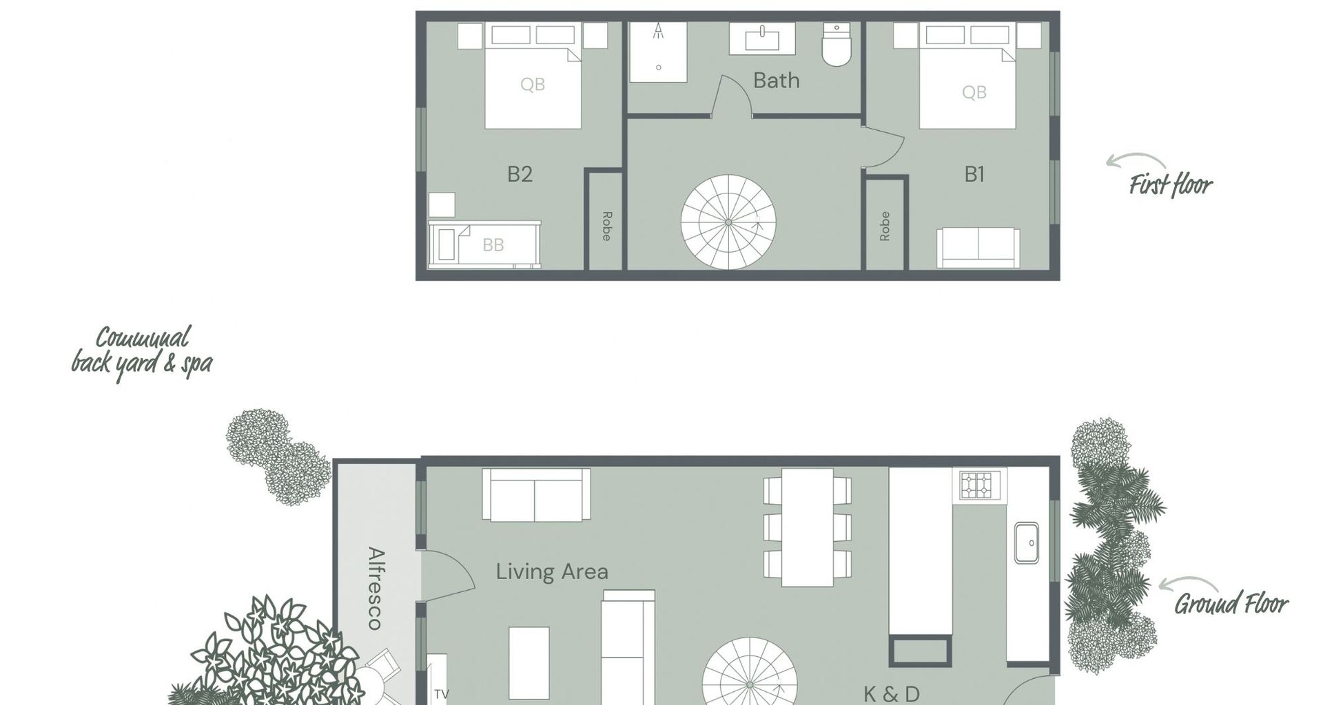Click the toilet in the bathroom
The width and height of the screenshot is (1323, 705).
[x=837, y=45]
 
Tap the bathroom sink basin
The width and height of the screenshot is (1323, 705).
[x=762, y=38]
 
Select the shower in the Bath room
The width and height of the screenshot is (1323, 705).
[x=658, y=52]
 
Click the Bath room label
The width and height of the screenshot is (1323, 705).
[x=777, y=81]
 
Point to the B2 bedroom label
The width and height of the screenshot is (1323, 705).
[x=520, y=174]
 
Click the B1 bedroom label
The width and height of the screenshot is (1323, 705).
[x=974, y=175]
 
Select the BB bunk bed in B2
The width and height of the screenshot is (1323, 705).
[x=484, y=244]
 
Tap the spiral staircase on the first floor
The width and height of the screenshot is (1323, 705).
[x=728, y=222]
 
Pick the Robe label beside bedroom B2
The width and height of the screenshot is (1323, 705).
[x=606, y=226]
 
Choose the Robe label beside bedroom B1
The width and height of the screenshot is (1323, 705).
[x=885, y=226]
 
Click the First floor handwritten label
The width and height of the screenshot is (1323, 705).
[x=1170, y=185]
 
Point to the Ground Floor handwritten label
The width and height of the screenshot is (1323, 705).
[x=1231, y=604]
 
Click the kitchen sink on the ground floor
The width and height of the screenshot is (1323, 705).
[x=1026, y=543]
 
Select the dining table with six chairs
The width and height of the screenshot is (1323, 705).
[x=808, y=527]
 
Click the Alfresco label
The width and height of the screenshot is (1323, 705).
[x=376, y=588]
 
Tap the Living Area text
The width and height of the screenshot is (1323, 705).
[x=552, y=571]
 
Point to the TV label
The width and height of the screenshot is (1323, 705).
[x=441, y=694]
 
